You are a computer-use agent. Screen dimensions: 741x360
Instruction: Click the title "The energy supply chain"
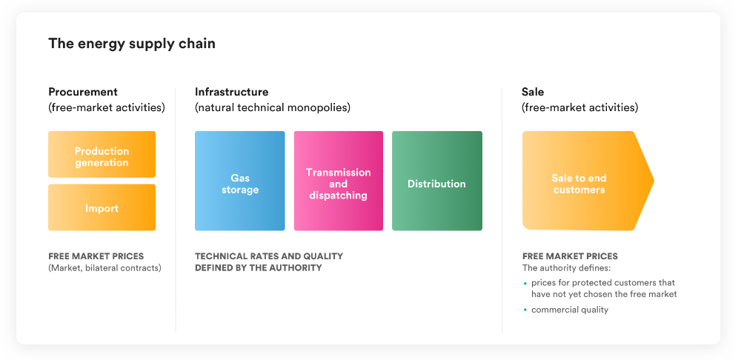pyautogui.click(x=132, y=44)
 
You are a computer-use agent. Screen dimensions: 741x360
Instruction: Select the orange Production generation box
pyautogui.click(x=102, y=155)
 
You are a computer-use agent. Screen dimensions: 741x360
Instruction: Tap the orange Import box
pyautogui.click(x=102, y=207)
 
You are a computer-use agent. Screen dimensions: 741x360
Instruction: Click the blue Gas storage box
pyautogui.click(x=239, y=181)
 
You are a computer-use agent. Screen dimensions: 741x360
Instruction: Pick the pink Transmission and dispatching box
pyautogui.click(x=339, y=181)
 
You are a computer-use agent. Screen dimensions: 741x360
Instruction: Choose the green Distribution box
pyautogui.click(x=437, y=181)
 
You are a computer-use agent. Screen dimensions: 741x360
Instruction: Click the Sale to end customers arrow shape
pyautogui.click(x=586, y=181)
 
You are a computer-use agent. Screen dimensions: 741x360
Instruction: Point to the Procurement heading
pyautogui.click(x=83, y=92)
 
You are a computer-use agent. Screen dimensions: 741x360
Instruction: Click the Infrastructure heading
pyautogui.click(x=231, y=92)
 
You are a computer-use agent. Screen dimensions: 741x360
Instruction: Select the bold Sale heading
pyautogui.click(x=533, y=92)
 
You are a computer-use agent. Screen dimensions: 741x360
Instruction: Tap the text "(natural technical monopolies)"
pyautogui.click(x=273, y=107)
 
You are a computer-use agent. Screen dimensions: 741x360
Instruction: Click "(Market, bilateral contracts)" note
pyautogui.click(x=105, y=268)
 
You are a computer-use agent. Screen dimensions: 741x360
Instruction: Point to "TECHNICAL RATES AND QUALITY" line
pyautogui.click(x=269, y=256)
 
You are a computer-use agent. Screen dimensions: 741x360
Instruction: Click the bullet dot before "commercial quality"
pyautogui.click(x=525, y=310)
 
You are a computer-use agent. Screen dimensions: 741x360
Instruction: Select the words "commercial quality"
pyautogui.click(x=570, y=310)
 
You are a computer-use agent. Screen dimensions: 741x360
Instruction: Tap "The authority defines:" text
pyautogui.click(x=560, y=268)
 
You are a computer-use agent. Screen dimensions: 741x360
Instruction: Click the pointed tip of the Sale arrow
pyautogui.click(x=654, y=181)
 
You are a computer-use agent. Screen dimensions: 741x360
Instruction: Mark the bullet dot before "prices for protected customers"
pyautogui.click(x=525, y=283)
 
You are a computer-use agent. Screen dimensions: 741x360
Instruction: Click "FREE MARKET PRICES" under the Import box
pyautogui.click(x=96, y=256)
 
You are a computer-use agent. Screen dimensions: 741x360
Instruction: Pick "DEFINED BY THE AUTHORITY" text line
pyautogui.click(x=258, y=268)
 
